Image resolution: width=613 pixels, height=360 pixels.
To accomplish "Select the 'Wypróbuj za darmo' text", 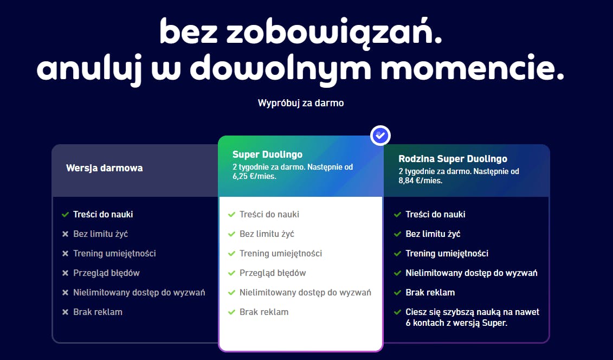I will (x=301, y=102).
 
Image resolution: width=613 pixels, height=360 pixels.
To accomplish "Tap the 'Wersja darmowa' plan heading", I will (x=105, y=168).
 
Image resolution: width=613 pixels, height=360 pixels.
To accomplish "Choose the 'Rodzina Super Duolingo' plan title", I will (x=453, y=159).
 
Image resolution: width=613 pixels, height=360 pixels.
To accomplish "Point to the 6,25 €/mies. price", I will (x=254, y=176).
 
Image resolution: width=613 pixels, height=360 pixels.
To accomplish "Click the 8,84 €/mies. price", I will (x=420, y=181).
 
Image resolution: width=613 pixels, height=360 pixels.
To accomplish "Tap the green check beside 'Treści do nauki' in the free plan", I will (x=65, y=214).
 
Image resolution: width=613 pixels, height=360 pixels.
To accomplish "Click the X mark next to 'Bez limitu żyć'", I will (x=65, y=234).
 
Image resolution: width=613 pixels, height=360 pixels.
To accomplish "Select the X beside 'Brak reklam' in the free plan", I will (x=65, y=312).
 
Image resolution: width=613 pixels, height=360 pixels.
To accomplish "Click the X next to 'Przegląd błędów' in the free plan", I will (x=65, y=273).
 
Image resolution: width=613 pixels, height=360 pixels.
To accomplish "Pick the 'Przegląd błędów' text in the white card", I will (x=273, y=273).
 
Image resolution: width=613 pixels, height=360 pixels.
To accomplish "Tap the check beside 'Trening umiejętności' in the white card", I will (x=231, y=254).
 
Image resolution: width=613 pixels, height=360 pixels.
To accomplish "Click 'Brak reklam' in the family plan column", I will (x=430, y=292).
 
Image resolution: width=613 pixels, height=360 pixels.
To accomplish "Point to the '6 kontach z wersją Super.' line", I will (x=456, y=323).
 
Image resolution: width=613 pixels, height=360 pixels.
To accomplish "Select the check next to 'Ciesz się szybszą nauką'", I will (x=397, y=312).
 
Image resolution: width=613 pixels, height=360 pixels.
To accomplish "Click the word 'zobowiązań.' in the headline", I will (x=334, y=32).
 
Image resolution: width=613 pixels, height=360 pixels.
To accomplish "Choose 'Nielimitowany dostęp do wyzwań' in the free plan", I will (x=139, y=292).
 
